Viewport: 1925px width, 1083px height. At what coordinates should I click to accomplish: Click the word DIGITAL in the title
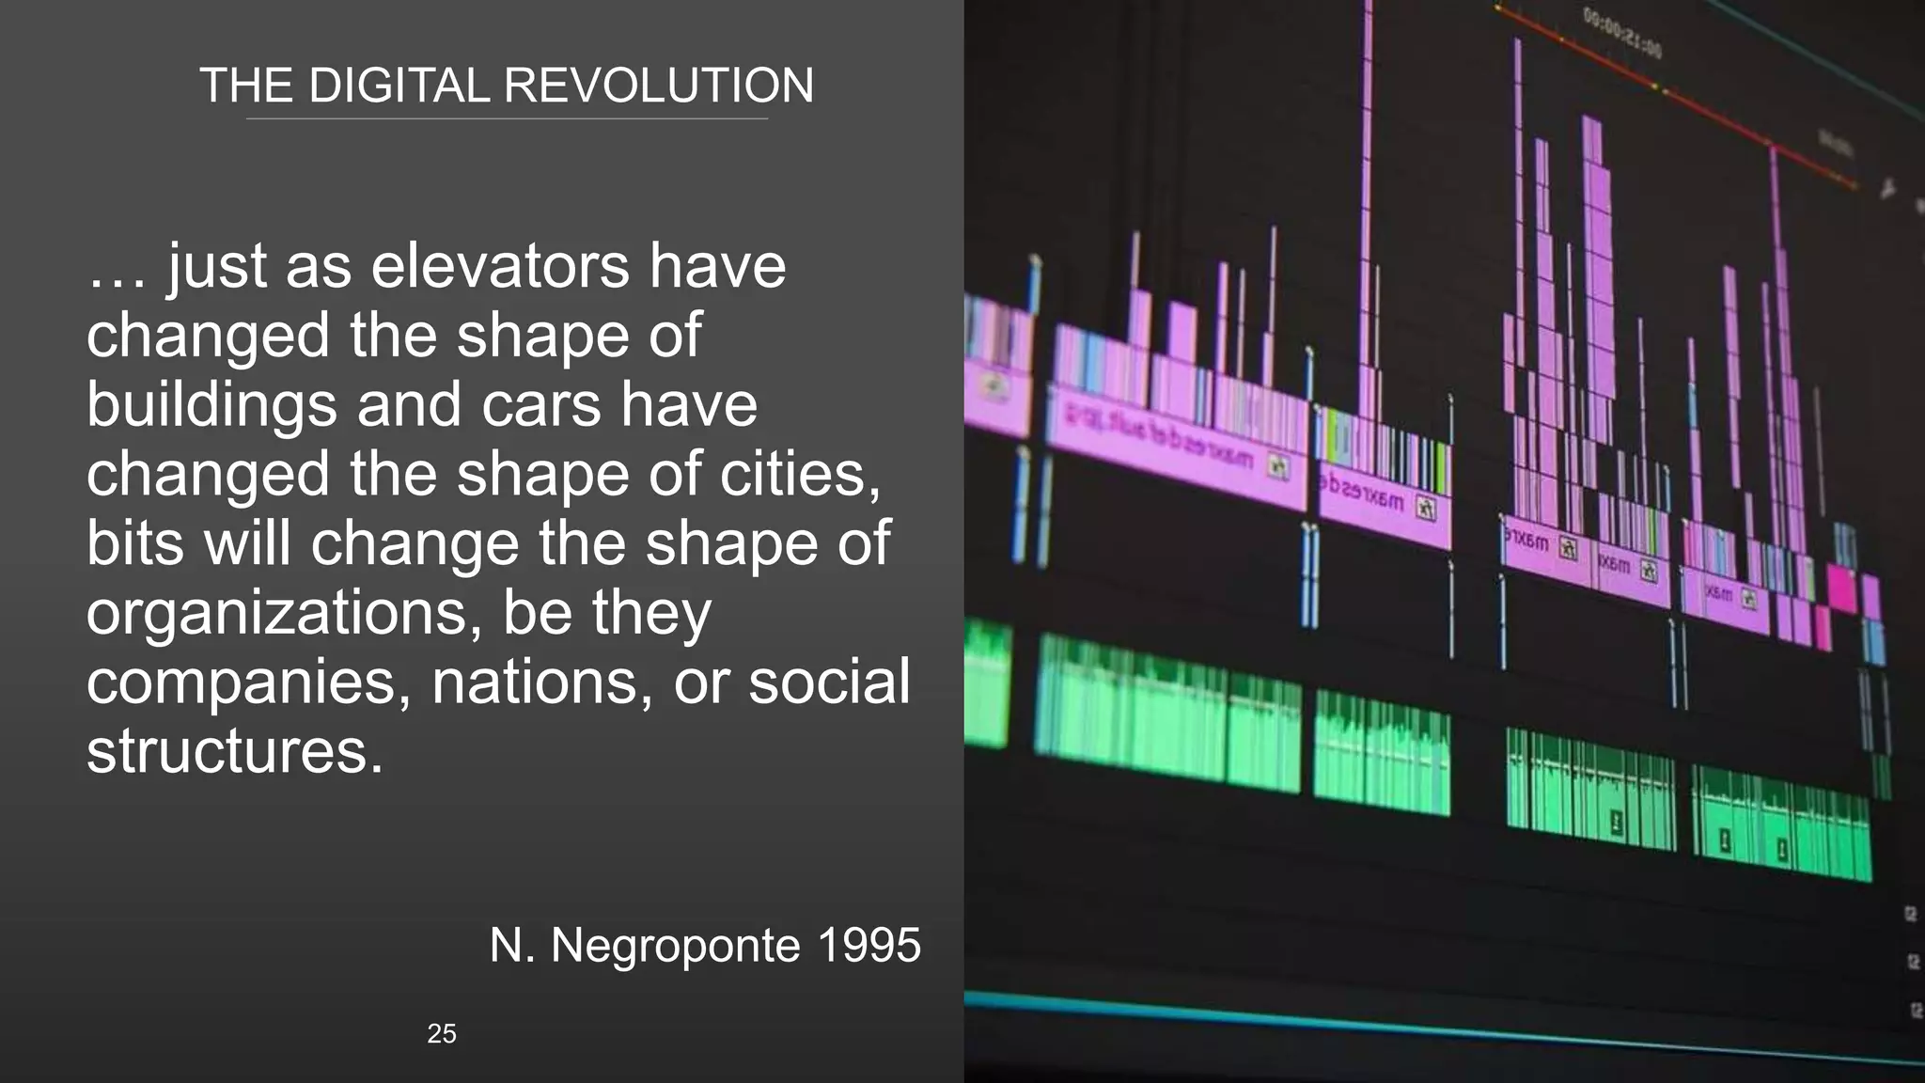pyautogui.click(x=399, y=86)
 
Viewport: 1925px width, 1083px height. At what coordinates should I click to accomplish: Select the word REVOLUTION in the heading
pyautogui.click(x=659, y=86)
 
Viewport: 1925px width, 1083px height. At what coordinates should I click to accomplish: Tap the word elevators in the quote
pyautogui.click(x=500, y=266)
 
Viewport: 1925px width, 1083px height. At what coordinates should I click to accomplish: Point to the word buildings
pyautogui.click(x=211, y=405)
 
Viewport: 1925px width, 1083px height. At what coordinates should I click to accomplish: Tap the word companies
pyautogui.click(x=248, y=683)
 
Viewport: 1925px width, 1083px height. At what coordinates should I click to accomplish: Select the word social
pyautogui.click(x=829, y=683)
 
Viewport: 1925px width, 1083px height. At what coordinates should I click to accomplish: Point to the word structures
pyautogui.click(x=235, y=751)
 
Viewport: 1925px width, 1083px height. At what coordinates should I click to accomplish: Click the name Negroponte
pyautogui.click(x=675, y=945)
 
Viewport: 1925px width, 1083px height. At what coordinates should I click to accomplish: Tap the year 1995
pyautogui.click(x=869, y=945)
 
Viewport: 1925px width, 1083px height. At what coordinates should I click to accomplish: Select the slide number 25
pyautogui.click(x=442, y=1034)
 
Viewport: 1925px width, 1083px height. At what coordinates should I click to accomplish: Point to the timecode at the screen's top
pyautogui.click(x=1621, y=32)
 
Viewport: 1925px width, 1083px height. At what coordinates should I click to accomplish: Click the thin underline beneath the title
pyautogui.click(x=507, y=119)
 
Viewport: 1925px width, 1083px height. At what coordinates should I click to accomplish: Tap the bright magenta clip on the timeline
pyautogui.click(x=1840, y=588)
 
